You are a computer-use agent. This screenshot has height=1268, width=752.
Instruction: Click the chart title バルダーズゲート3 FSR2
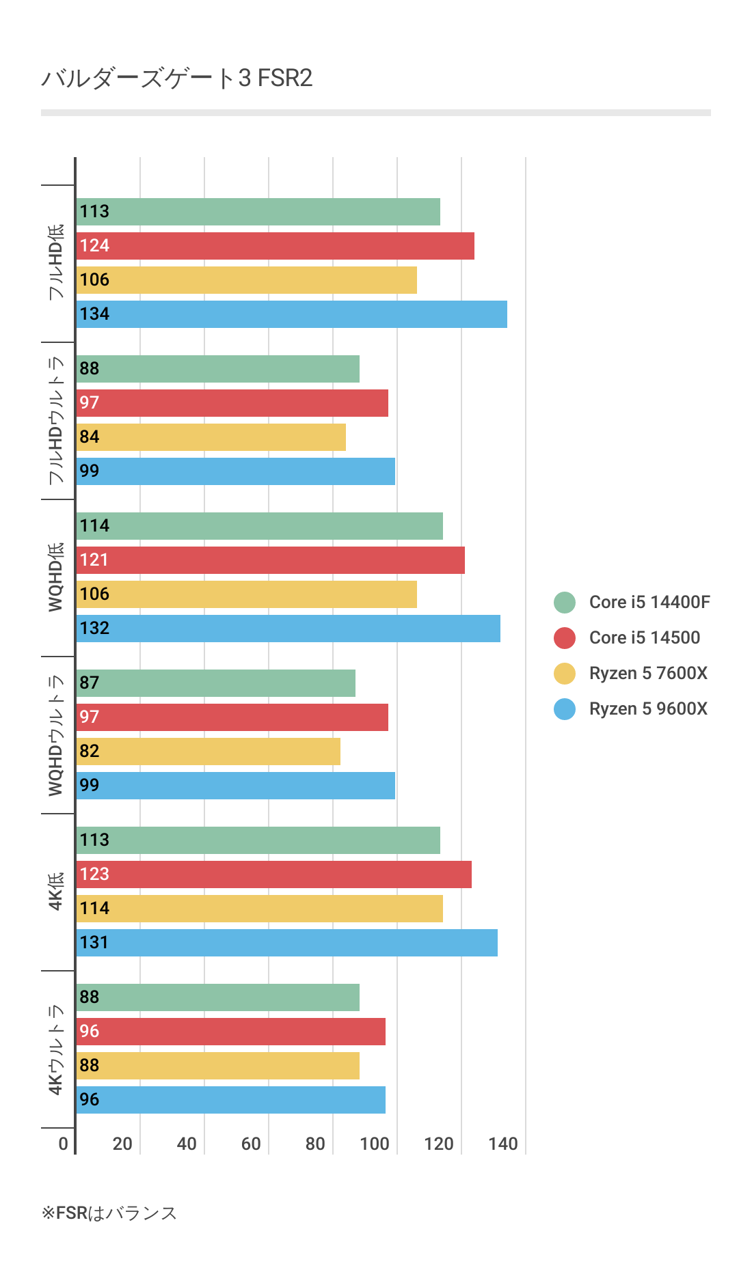176,79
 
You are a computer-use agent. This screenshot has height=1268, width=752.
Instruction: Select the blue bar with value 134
291,314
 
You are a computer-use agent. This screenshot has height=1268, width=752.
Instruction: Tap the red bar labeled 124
275,246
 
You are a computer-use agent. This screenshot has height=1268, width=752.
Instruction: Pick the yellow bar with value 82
208,752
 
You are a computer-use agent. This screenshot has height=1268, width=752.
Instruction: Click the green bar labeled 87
215,683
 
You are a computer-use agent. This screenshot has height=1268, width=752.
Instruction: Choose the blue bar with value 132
288,629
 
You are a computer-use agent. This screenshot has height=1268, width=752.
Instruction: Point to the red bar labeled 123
273,874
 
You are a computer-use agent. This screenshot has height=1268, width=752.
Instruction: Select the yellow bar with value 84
211,437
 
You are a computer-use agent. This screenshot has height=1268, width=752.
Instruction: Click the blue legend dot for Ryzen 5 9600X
565,708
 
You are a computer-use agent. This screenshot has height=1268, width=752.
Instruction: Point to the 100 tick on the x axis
375,1144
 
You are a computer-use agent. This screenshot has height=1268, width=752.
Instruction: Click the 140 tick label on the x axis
503,1144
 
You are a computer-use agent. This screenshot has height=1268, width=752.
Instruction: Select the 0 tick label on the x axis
64,1144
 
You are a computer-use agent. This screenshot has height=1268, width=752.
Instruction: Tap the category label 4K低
56,892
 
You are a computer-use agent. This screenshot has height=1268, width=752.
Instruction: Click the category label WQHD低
56,577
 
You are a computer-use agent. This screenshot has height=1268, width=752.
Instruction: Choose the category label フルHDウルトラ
56,420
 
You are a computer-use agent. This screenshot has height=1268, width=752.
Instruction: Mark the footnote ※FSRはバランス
109,1213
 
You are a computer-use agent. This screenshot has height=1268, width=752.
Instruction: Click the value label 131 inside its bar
94,943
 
